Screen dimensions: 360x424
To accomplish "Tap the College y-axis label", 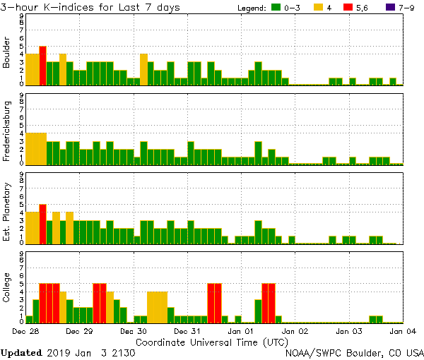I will pyautogui.click(x=7, y=287).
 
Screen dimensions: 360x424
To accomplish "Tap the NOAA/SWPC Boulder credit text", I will pyautogui.click(x=354, y=352).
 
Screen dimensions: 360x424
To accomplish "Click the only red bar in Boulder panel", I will pyautogui.click(x=42, y=66).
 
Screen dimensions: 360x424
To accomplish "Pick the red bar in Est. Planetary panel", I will pyautogui.click(x=42, y=224).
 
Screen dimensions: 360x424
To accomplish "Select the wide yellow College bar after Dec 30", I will pyautogui.click(x=157, y=306).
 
